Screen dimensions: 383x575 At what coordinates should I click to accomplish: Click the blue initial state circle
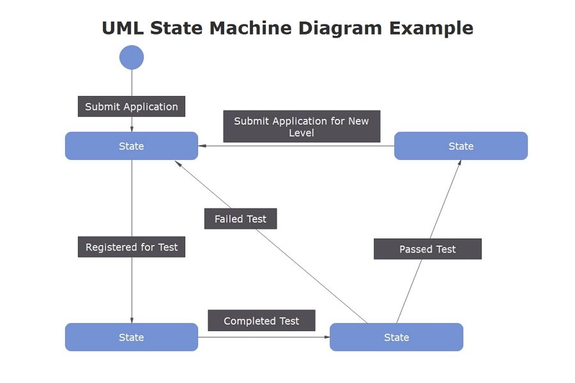click(x=132, y=58)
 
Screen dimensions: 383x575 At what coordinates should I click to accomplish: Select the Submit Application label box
click(x=132, y=107)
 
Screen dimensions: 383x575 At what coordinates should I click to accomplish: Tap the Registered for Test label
click(x=132, y=247)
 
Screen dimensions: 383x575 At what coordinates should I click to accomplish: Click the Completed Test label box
click(x=261, y=321)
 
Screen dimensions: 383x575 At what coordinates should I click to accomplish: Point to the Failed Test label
click(x=240, y=219)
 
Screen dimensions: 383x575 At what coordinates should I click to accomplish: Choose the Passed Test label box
click(x=427, y=249)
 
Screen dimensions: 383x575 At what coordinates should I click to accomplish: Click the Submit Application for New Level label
click(x=302, y=127)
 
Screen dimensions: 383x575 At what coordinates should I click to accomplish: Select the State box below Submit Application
click(x=132, y=146)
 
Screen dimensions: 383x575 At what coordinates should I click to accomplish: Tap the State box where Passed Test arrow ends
click(x=461, y=146)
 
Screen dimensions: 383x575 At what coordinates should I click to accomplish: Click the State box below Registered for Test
click(x=132, y=337)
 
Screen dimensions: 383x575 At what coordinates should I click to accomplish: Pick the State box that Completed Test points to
click(x=396, y=337)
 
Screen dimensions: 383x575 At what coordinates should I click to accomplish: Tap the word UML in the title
click(x=123, y=29)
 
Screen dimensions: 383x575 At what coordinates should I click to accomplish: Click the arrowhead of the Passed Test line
click(x=460, y=164)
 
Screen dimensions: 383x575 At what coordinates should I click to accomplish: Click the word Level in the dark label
click(x=302, y=133)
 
